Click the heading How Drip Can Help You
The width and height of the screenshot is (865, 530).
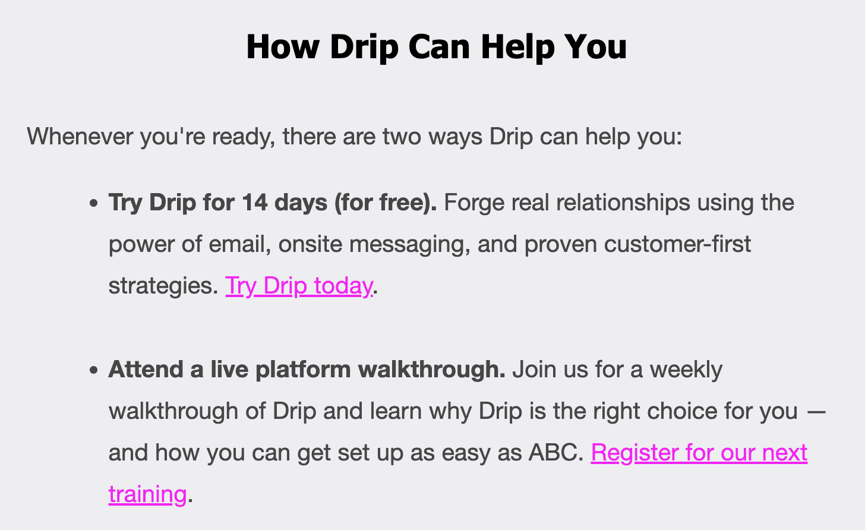click(x=436, y=46)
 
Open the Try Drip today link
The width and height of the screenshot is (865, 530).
click(x=299, y=286)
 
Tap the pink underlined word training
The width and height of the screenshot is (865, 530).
click(x=147, y=494)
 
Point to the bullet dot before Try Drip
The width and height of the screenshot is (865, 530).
click(x=93, y=204)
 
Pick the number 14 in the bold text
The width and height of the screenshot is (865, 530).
click(x=254, y=203)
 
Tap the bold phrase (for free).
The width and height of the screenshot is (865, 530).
click(x=385, y=203)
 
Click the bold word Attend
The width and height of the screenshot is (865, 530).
click(x=146, y=370)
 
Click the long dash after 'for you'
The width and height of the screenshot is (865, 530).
click(x=817, y=411)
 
